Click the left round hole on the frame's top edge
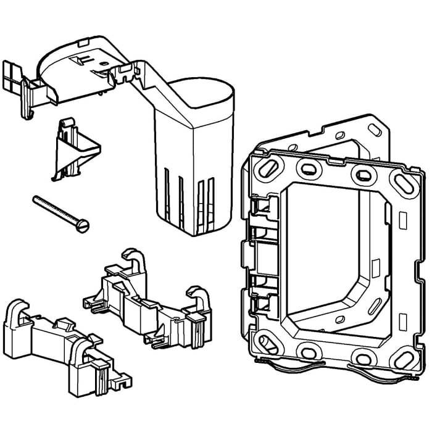click(x=307, y=168)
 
